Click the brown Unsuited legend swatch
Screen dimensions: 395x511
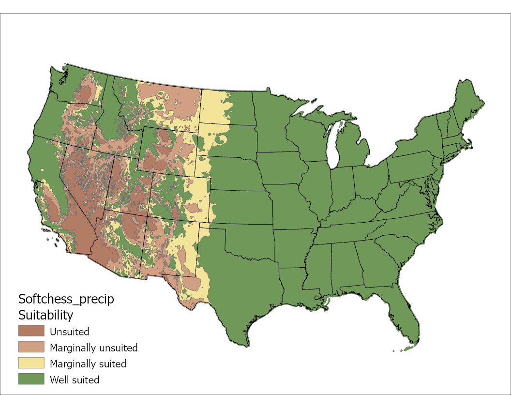coord(31,332)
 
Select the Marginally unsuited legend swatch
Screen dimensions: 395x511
coord(31,348)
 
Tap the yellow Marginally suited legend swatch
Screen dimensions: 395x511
coord(31,363)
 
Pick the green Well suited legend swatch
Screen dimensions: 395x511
coord(31,379)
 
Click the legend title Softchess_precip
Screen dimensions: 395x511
coord(66,299)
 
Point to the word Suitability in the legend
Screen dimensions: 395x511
coord(45,315)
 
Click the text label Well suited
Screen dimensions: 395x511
coord(75,380)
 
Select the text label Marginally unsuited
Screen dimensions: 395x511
coord(93,348)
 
